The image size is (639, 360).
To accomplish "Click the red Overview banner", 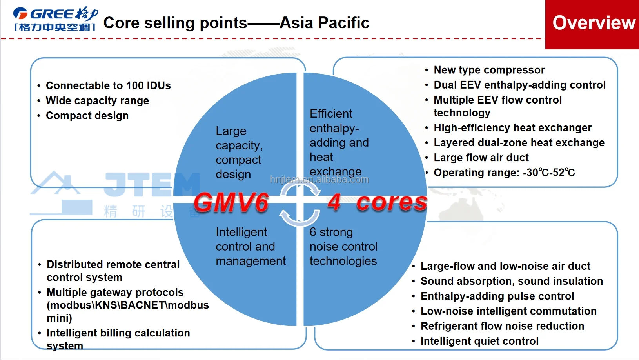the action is (x=592, y=25).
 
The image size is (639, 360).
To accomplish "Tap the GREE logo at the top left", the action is (x=56, y=19).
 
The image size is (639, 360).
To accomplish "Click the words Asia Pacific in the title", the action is (x=324, y=22).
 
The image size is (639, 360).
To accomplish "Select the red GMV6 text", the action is (x=231, y=202).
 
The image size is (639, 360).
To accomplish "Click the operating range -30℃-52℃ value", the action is (x=549, y=173).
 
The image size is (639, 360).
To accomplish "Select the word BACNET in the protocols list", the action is (x=143, y=305).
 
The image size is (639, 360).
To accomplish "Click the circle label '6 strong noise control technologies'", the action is (x=343, y=246).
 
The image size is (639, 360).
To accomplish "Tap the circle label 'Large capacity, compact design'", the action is (x=239, y=153).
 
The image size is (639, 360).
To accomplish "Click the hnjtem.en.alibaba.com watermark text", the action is (x=319, y=180).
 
